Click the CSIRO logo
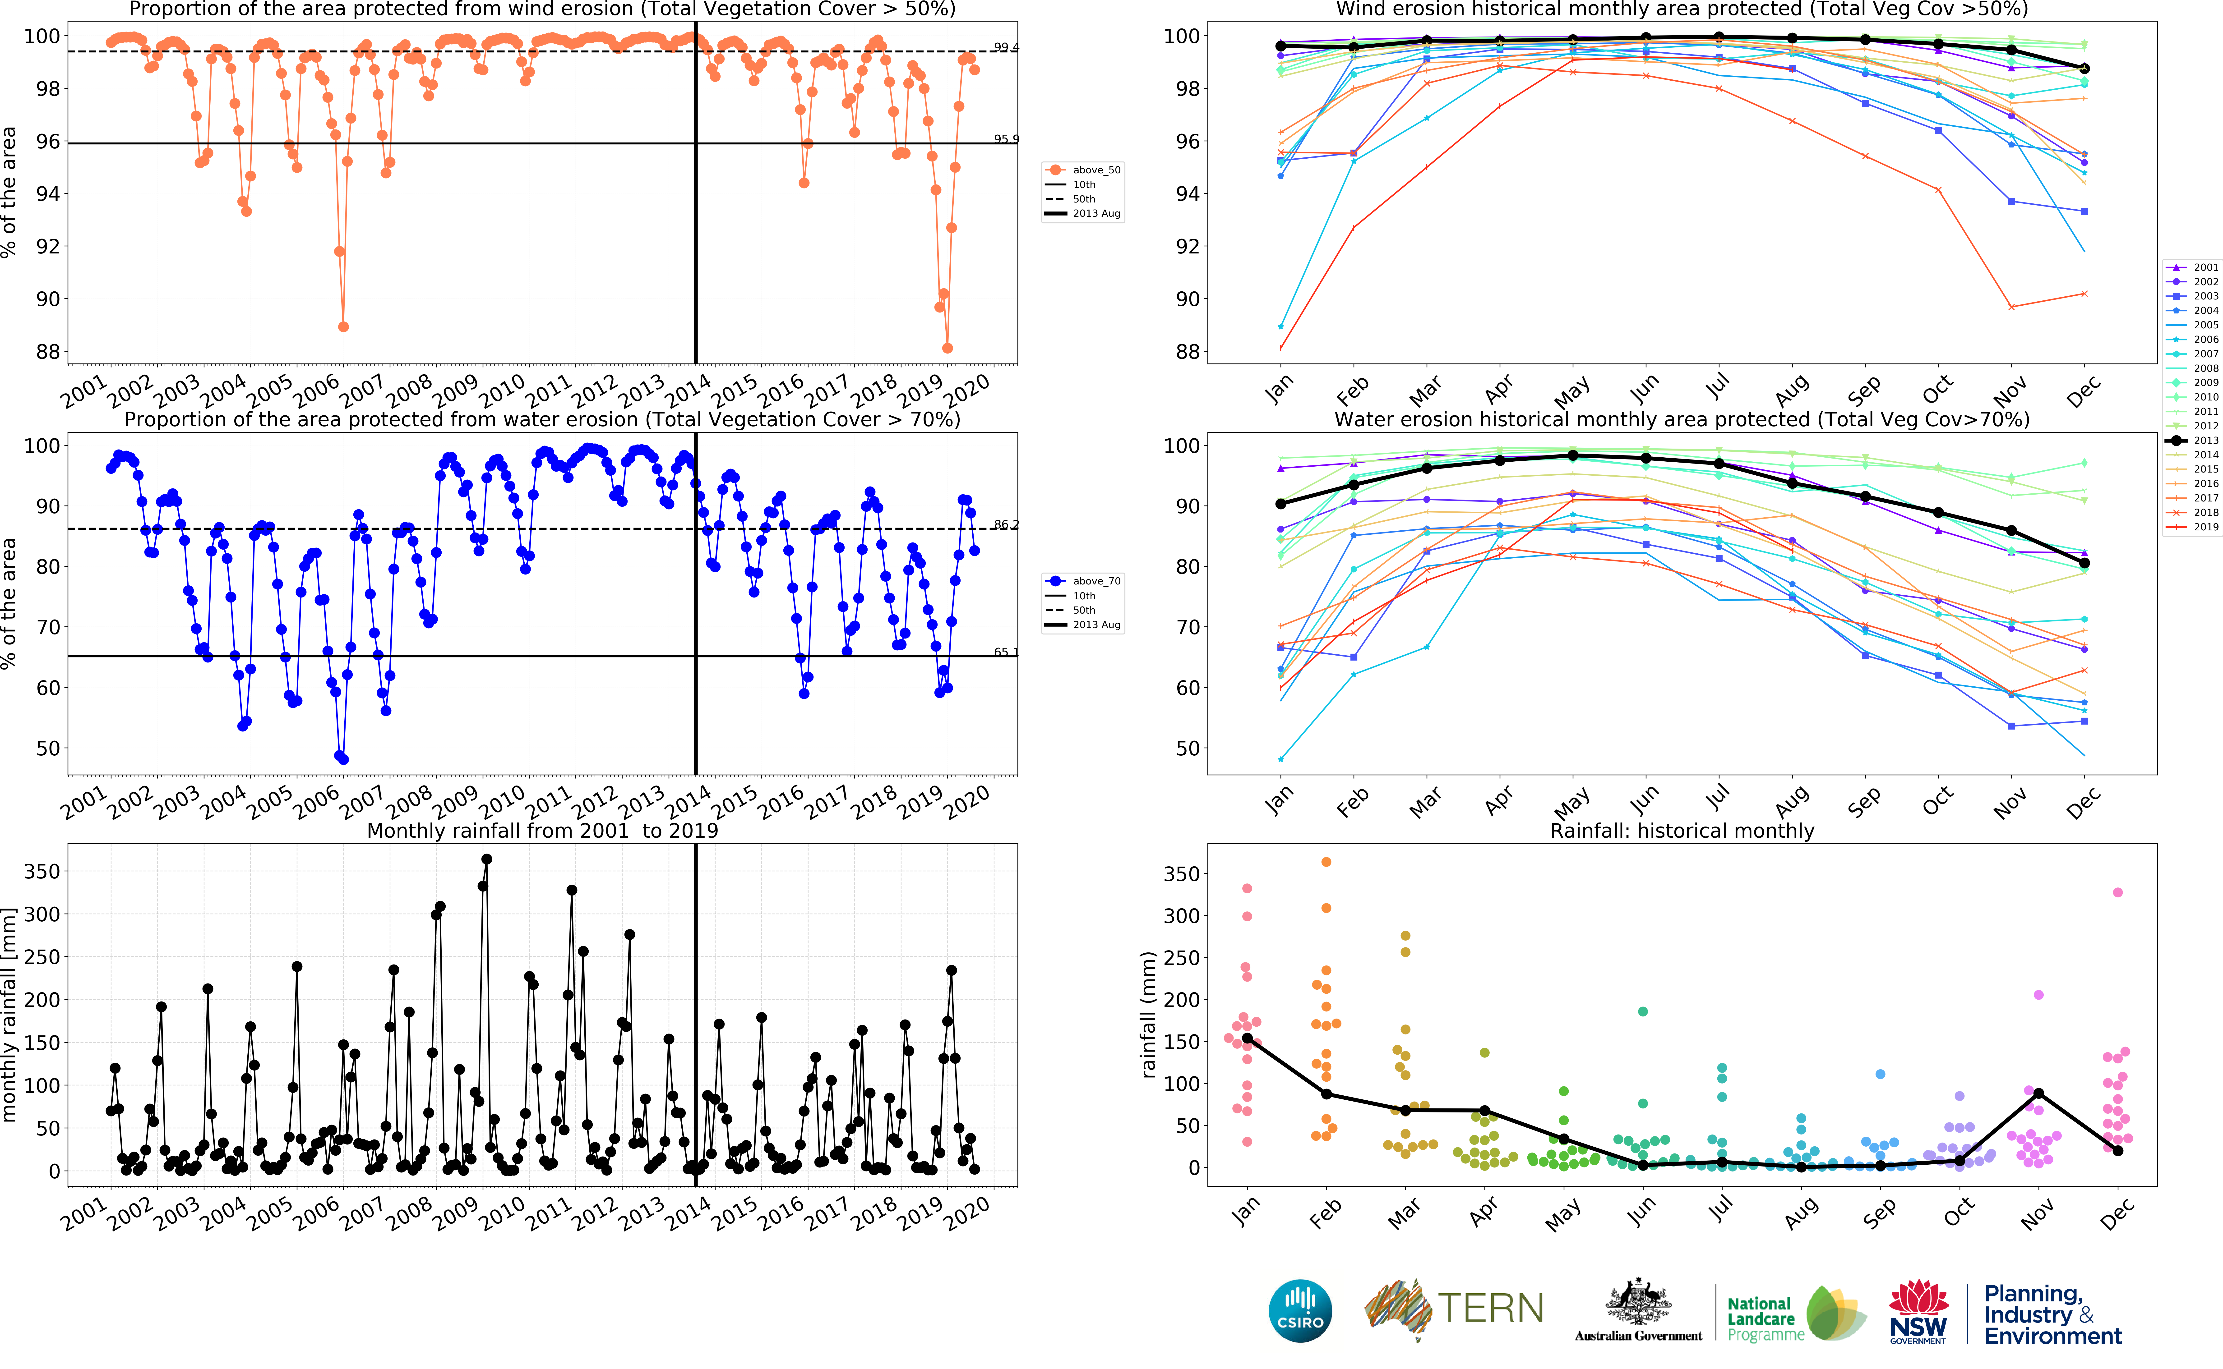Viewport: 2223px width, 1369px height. click(1300, 1310)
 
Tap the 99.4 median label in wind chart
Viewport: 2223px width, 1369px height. click(1005, 47)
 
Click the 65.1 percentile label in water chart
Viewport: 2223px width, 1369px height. click(1005, 652)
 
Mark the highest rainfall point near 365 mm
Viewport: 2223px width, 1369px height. click(486, 859)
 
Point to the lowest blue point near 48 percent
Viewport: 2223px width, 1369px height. click(343, 759)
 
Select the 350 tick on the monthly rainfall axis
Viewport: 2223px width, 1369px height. click(42, 871)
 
